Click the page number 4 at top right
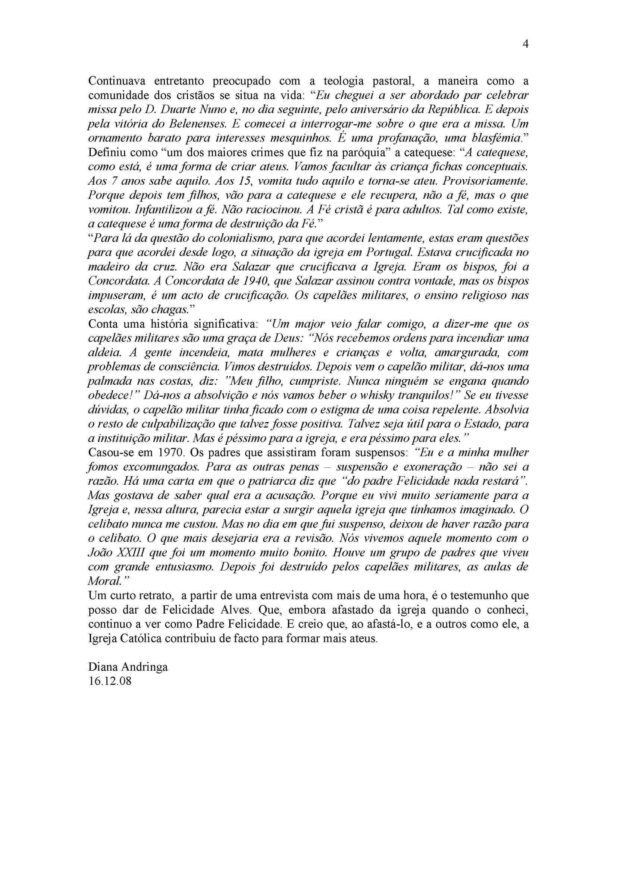click(526, 44)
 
